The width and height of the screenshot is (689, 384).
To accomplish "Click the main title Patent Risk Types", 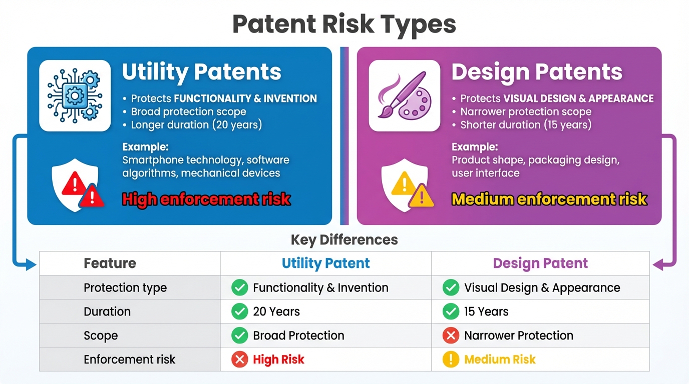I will (344, 24).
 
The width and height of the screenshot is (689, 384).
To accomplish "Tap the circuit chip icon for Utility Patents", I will (75, 95).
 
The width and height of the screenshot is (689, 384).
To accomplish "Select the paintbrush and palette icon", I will (404, 95).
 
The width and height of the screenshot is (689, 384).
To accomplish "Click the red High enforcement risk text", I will (206, 199).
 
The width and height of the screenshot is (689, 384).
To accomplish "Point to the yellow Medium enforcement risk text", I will (549, 199).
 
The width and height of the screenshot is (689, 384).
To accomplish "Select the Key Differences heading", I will (344, 240).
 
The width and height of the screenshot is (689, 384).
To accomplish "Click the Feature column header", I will (110, 263).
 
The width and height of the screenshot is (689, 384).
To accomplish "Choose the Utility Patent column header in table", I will (325, 263).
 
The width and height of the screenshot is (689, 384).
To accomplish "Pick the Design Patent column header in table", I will (540, 263).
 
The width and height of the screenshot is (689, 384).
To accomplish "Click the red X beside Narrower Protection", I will (451, 335).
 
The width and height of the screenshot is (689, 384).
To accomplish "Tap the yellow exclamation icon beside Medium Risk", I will (451, 359).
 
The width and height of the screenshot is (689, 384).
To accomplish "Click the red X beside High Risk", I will (239, 359).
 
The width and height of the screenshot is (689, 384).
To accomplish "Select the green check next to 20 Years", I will (239, 311).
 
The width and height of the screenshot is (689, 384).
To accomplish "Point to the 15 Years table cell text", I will (486, 311).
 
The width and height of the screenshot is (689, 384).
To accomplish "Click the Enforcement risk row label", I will (129, 359).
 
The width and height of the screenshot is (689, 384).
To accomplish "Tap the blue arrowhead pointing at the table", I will (32, 264).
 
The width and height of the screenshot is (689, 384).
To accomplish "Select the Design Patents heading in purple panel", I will (537, 72).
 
